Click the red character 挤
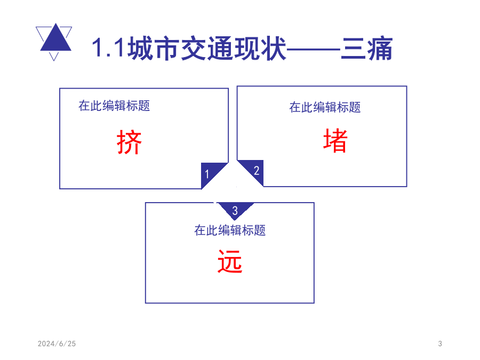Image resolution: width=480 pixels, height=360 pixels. click(129, 142)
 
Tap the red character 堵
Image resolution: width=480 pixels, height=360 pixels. click(335, 140)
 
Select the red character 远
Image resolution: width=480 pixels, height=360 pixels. click(230, 261)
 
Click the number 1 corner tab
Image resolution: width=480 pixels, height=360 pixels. click(210, 173)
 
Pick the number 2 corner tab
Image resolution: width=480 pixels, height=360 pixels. click(255, 170)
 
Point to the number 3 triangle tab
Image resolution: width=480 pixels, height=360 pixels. click(235, 210)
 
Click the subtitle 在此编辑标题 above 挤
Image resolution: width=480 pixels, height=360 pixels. click(114, 106)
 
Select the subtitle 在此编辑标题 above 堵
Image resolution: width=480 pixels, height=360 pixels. click(325, 107)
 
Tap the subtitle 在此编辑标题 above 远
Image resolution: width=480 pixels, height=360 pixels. click(230, 230)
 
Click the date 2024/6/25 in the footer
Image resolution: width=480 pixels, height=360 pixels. click(57, 344)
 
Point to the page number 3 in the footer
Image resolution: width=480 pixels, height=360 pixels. click(440, 344)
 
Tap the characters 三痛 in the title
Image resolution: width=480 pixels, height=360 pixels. click(366, 49)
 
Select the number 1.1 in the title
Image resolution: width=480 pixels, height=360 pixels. click(108, 48)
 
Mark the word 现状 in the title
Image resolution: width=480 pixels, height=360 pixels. click(260, 48)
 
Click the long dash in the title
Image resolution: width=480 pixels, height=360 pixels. click(313, 49)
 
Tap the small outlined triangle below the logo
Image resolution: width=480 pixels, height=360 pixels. click(54, 57)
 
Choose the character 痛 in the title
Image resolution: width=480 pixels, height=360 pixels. click(380, 49)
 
